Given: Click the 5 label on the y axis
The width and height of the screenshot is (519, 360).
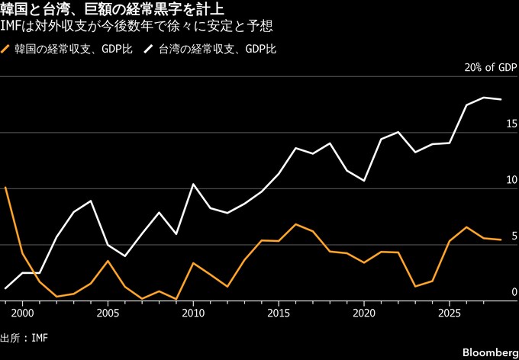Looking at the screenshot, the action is click(x=514, y=236).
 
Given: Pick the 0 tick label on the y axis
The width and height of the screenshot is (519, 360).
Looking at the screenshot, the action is click(x=514, y=292).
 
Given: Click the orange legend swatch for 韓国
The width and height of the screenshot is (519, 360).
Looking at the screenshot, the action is click(x=5, y=50).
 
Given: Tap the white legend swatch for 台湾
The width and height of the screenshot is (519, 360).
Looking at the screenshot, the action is click(x=148, y=50).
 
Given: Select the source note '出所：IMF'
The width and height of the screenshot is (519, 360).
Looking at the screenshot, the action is click(x=24, y=339).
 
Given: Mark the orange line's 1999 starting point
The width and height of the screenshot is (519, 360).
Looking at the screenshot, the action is click(x=5, y=188).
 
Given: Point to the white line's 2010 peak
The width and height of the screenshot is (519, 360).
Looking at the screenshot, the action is click(x=193, y=184).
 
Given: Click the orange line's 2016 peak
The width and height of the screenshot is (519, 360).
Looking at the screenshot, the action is click(x=295, y=224).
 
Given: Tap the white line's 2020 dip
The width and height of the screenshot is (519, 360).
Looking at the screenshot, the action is click(x=364, y=181).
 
